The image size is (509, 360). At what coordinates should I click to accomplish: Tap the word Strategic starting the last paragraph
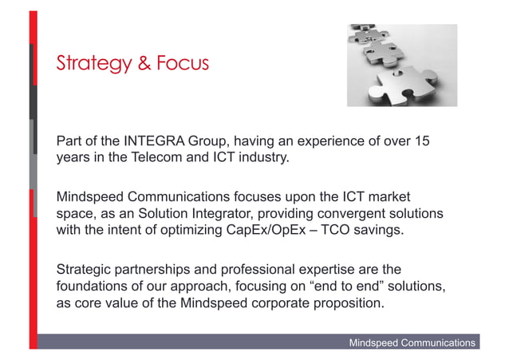pos(84,267)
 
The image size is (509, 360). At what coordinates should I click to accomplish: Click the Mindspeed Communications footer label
pos(412,342)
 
